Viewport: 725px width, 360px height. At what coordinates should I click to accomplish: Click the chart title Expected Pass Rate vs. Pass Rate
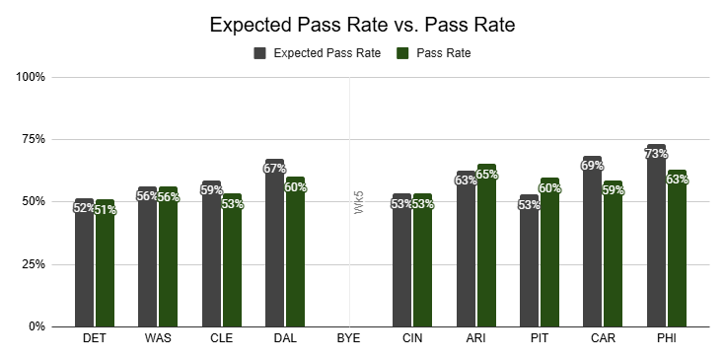coord(362,25)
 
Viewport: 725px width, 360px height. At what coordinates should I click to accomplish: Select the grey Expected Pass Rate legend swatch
coord(259,53)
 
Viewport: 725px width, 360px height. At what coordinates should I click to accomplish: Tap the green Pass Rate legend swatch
coord(402,53)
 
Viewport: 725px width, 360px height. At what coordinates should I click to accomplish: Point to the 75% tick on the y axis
coord(31,140)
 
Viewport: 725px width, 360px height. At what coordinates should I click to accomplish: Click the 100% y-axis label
coord(31,77)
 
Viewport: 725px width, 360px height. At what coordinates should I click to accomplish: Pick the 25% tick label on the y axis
coord(31,264)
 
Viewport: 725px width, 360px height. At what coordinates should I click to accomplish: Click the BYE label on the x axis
coord(348,338)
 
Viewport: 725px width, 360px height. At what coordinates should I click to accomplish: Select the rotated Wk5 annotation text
coord(359,206)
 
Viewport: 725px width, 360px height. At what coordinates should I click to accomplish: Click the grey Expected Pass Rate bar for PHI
coord(656,236)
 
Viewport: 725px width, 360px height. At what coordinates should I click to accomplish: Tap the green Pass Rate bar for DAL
coord(296,252)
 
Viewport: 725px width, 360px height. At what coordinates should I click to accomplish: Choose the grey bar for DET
coord(84,262)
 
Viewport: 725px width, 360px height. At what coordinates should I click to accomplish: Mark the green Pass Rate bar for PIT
coord(549,252)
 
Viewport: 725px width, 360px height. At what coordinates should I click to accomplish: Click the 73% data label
coord(656,154)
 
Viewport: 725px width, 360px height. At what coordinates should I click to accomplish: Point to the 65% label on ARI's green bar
coord(487,175)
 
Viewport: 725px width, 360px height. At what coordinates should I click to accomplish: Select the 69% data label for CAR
coord(592,166)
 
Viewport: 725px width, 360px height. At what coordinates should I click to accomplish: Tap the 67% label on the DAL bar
coord(274,169)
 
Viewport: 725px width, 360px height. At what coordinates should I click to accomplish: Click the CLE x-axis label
coord(222,338)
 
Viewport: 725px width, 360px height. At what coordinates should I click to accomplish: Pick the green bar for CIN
coord(422,260)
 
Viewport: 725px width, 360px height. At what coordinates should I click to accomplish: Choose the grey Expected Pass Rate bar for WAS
coord(148,256)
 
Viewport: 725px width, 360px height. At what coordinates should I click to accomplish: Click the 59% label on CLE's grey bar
coord(211,190)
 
